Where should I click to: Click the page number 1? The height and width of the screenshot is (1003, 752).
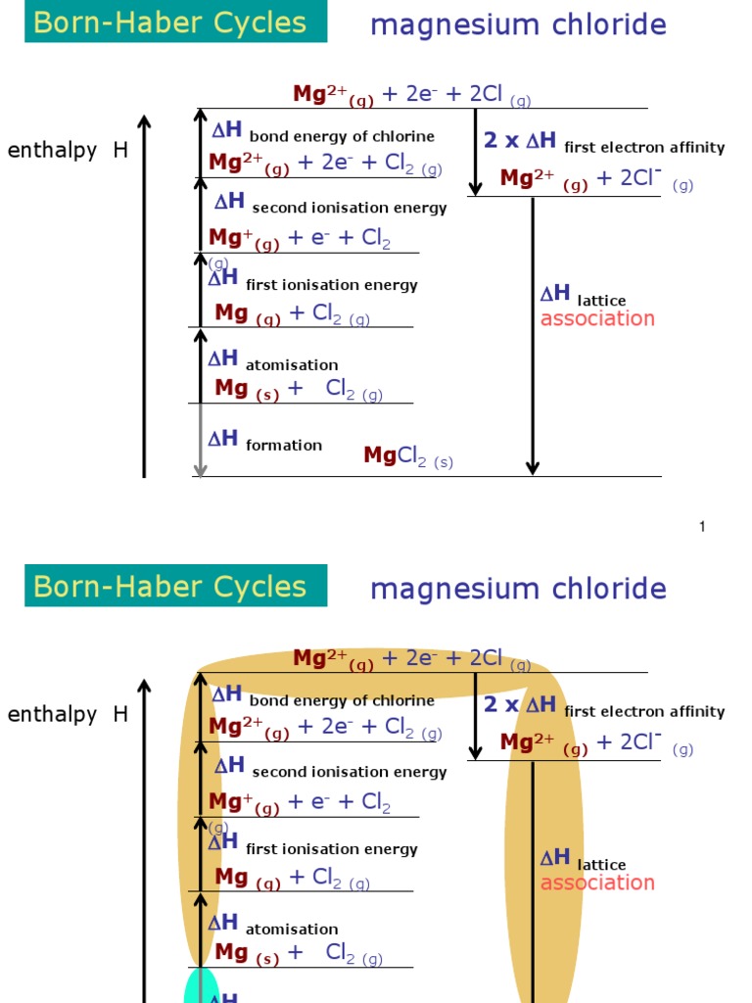click(x=702, y=527)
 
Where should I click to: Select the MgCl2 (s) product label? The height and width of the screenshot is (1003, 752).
click(x=408, y=455)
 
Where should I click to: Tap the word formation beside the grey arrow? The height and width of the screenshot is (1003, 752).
click(x=284, y=446)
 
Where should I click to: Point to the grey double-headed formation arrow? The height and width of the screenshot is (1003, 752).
click(x=201, y=440)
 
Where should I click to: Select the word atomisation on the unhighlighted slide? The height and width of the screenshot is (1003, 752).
click(x=292, y=365)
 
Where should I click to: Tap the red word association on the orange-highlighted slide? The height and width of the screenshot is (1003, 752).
click(x=597, y=883)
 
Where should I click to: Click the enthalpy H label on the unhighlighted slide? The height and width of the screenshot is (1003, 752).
click(x=68, y=151)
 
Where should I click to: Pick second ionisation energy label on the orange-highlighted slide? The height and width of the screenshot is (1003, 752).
click(x=350, y=772)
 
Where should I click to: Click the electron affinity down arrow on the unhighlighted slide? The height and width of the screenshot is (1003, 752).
click(x=476, y=152)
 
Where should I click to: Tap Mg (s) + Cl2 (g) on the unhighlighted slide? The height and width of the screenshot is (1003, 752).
click(x=299, y=390)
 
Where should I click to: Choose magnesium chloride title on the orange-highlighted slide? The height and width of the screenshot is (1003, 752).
click(x=518, y=589)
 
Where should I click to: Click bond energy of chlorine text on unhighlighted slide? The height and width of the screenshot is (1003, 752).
click(x=342, y=137)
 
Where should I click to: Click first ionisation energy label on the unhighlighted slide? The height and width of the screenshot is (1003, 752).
click(x=332, y=285)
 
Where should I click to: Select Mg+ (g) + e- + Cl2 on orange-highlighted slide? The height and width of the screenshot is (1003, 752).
click(x=300, y=803)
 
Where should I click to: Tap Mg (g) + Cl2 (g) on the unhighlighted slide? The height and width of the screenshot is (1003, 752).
click(x=292, y=314)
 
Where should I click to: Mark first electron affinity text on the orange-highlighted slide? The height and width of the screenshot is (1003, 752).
click(x=644, y=712)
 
